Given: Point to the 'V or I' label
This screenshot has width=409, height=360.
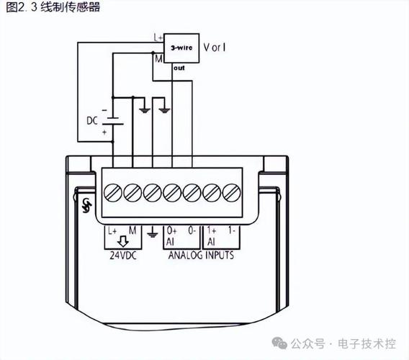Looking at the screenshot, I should [x=215, y=48].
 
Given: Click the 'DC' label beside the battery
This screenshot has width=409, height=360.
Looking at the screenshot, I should [x=92, y=121].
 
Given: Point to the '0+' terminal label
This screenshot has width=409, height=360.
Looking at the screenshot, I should [x=171, y=231].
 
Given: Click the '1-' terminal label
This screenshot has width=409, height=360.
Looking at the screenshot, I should [x=231, y=231].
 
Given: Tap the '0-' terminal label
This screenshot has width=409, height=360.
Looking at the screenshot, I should [x=192, y=231].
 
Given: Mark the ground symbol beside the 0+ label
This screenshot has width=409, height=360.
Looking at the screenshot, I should [x=151, y=233].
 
